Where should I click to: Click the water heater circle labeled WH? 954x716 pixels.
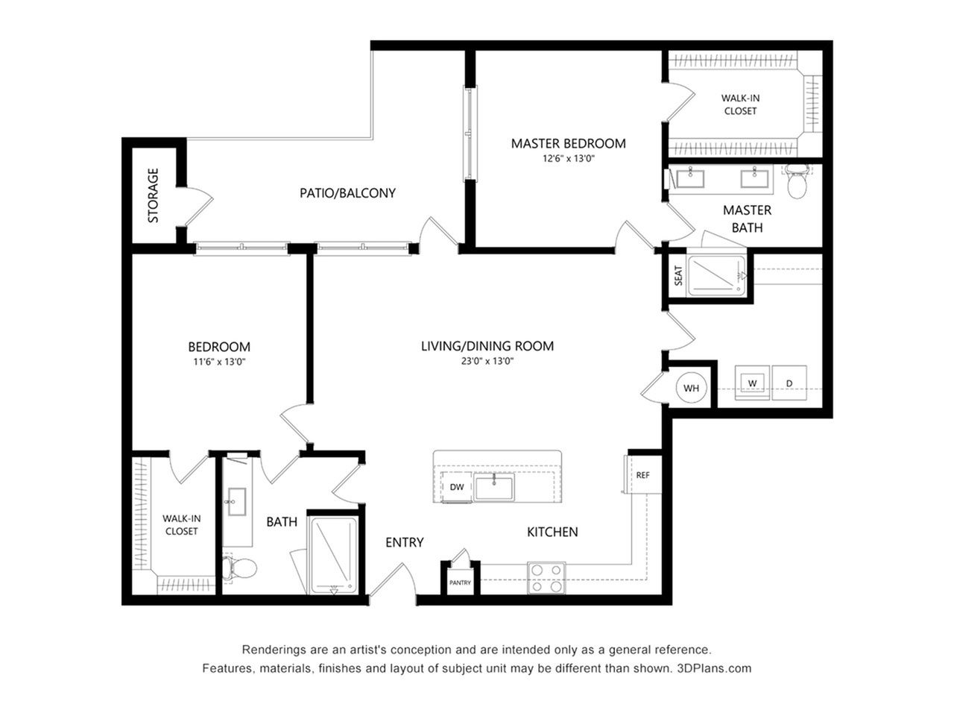tap(691, 387)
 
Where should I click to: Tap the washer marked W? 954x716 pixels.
tap(752, 383)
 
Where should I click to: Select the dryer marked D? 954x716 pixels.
tap(789, 383)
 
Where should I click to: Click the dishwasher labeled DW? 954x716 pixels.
tap(456, 487)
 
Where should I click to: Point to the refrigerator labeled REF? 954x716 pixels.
tap(643, 474)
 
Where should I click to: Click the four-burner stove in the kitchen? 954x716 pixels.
tap(546, 578)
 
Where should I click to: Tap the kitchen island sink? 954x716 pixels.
tap(494, 487)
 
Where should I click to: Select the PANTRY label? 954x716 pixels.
tap(460, 582)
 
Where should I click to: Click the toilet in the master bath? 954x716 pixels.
tap(797, 182)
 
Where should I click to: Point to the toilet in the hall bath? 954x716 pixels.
tap(239, 568)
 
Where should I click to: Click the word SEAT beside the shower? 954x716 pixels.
tap(678, 276)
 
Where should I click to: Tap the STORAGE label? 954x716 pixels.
tap(153, 195)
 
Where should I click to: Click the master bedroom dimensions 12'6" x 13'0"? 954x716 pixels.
tap(568, 158)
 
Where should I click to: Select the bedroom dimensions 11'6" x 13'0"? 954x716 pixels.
tap(219, 362)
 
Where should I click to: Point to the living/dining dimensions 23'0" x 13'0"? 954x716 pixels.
tap(487, 361)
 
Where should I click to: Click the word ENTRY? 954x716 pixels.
tap(404, 542)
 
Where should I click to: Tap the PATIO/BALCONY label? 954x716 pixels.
tap(348, 193)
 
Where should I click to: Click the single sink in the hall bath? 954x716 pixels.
tap(237, 501)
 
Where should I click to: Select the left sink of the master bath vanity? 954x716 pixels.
tap(690, 178)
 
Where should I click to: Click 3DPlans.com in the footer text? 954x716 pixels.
tap(714, 668)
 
